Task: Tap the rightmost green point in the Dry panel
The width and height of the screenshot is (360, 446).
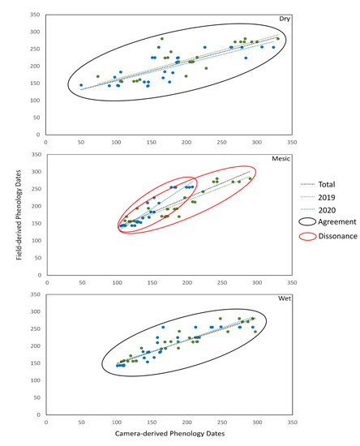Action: (277, 39)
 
